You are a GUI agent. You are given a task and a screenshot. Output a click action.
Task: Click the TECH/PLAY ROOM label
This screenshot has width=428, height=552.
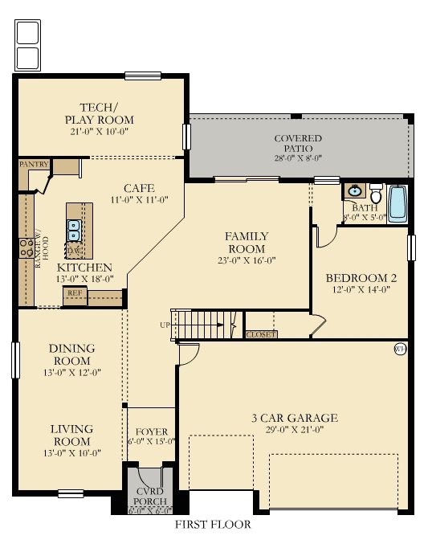[x=100, y=114]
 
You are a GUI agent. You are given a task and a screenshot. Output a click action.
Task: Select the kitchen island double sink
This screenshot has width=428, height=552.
[x=74, y=231]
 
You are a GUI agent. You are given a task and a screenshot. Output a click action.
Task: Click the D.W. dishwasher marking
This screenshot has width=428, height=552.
[x=74, y=251]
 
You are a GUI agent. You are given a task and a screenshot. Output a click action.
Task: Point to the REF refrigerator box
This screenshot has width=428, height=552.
[x=75, y=293]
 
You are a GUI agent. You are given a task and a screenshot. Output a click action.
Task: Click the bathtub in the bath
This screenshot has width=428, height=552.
[x=398, y=206]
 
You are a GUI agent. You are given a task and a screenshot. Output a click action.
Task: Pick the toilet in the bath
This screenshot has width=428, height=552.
[x=376, y=194]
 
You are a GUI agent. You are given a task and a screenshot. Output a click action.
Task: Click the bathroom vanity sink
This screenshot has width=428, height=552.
[x=354, y=191]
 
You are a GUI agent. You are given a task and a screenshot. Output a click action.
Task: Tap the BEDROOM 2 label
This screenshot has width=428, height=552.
[x=361, y=278]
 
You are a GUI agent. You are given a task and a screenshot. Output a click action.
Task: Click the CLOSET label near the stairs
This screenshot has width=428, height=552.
[x=261, y=333]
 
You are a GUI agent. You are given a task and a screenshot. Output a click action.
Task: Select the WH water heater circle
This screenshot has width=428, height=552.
[x=399, y=349]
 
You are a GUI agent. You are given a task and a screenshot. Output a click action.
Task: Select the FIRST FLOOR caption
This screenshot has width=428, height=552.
[x=213, y=525]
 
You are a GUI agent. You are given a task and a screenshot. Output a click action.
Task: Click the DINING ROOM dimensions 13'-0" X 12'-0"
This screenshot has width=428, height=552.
[x=71, y=373]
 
